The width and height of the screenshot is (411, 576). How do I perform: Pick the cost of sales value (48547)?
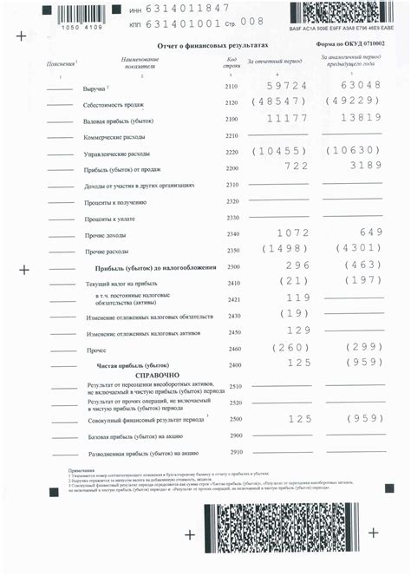click(x=278, y=102)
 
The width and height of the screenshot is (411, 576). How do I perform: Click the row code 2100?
click(x=231, y=120)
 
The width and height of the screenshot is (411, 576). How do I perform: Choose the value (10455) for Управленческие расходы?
click(x=278, y=151)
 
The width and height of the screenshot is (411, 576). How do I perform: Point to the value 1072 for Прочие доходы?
click(x=292, y=233)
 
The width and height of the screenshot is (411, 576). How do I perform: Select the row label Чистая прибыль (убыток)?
click(x=132, y=365)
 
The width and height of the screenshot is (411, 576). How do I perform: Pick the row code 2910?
click(x=236, y=452)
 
